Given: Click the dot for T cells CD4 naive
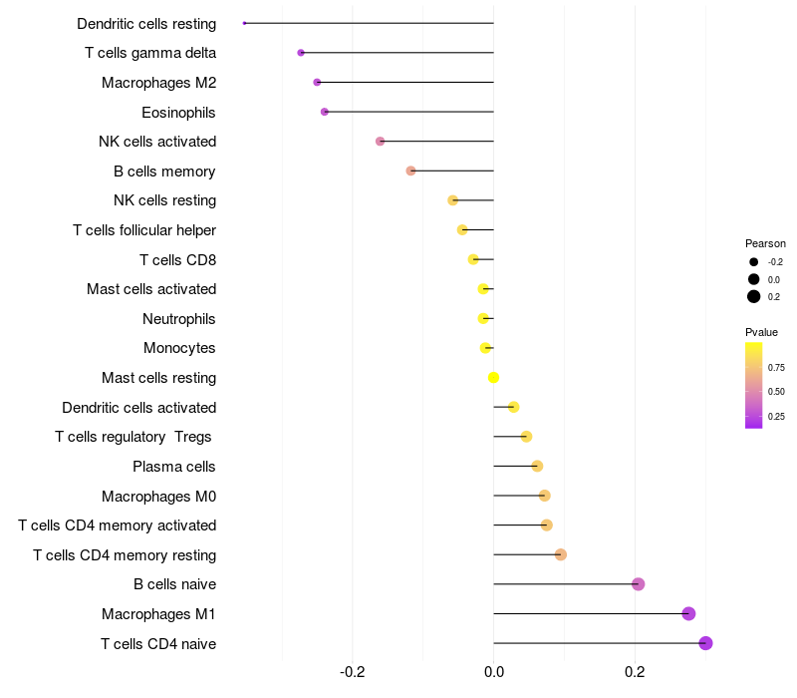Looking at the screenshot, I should pos(705,643).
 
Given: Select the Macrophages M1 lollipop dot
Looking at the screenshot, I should pos(688,613).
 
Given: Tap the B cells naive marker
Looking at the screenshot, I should pos(639,584).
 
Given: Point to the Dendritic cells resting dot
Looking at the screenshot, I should pos(244,23).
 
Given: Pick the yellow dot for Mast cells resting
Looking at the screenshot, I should pos(493,378).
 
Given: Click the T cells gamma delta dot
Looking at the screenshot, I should pos(301,53).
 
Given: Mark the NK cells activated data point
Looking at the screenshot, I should pos(380,142).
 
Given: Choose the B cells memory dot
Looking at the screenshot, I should pos(410,171).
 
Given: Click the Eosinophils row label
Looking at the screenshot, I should pos(178,112).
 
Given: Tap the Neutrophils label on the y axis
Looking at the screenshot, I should pos(179,319).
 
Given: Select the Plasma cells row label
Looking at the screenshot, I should pos(174,467).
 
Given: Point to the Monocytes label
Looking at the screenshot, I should pos(179,348).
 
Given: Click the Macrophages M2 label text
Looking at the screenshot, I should pos(158,83).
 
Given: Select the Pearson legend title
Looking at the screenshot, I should pos(765,243).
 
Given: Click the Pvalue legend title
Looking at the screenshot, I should pos(761,332).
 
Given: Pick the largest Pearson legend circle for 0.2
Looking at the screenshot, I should pos(754,296).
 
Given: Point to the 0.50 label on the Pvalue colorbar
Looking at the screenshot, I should pos(776,392).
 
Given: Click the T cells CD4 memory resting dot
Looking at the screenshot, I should pos(561,554).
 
